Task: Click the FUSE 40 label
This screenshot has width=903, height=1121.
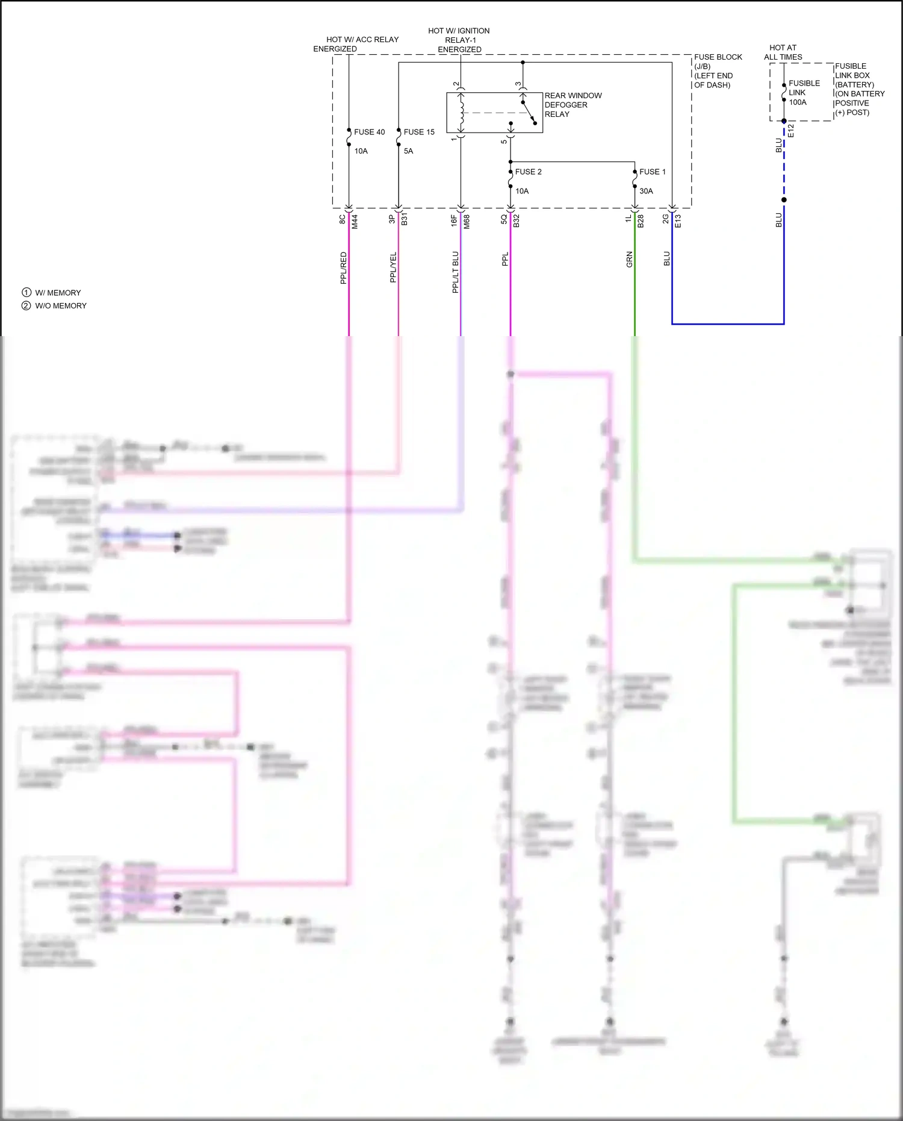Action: point(369,132)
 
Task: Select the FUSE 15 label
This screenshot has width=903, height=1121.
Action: point(419,132)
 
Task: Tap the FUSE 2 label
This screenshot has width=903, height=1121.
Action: point(528,172)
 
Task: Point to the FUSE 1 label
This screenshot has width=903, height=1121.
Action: point(652,172)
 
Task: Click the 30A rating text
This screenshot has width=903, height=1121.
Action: point(646,191)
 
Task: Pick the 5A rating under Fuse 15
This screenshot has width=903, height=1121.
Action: point(408,151)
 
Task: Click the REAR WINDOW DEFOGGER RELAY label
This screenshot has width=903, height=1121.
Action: point(573,105)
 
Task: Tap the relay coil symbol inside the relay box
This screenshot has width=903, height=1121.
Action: point(462,113)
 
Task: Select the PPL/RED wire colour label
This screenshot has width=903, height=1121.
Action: point(344,268)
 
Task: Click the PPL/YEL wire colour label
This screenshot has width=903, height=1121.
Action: point(394,267)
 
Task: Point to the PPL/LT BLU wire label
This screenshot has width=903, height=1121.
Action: point(456,272)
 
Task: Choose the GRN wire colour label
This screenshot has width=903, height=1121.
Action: point(630,260)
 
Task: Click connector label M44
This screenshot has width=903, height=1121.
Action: point(355,222)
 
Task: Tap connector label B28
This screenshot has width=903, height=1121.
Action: point(641,221)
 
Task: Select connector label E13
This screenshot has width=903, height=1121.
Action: point(678,221)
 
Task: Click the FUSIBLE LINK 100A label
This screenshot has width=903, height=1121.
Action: point(804,93)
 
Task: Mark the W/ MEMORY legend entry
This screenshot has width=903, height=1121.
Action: point(58,293)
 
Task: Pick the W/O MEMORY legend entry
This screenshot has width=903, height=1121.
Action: point(61,306)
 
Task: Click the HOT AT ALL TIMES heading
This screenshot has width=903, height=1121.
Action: point(783,52)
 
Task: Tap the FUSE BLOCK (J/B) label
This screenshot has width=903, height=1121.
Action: point(718,61)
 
